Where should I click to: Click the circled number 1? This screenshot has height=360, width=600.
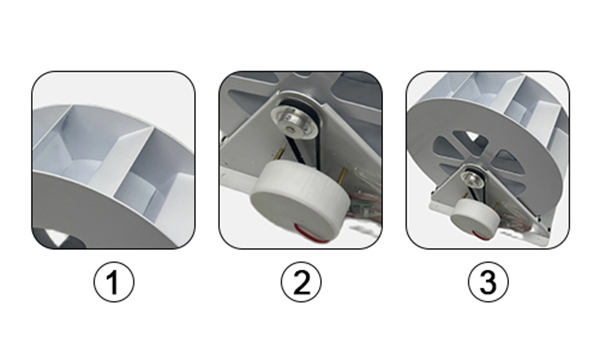(x=114, y=282)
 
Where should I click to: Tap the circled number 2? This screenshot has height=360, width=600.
(x=301, y=282)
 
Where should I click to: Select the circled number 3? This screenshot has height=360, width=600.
(x=488, y=282)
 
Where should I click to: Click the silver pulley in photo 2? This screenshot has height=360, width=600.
(x=294, y=122)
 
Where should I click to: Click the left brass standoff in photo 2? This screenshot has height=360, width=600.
(x=281, y=150)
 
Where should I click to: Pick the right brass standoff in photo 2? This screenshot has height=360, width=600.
(x=342, y=174)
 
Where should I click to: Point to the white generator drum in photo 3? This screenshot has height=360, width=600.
(x=475, y=217)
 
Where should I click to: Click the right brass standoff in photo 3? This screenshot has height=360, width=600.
(x=496, y=207)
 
